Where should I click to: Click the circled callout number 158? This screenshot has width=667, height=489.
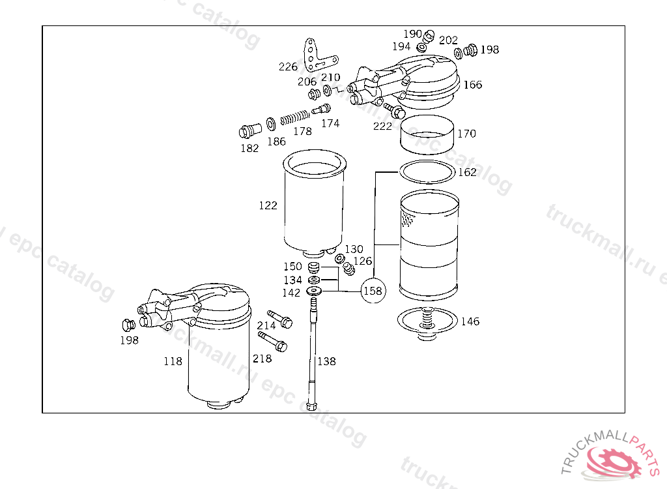pos(373,291)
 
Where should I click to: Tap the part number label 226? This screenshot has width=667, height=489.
pos(288,67)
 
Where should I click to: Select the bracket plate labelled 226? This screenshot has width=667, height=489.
pos(319,55)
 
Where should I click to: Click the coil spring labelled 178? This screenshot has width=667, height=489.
pos(294,117)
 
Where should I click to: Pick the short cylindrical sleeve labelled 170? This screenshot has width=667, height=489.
pos(427,134)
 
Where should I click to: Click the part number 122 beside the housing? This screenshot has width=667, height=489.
pos(268,205)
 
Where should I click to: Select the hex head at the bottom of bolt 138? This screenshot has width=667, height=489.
pos(312,405)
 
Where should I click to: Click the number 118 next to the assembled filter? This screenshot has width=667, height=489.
pos(173,361)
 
